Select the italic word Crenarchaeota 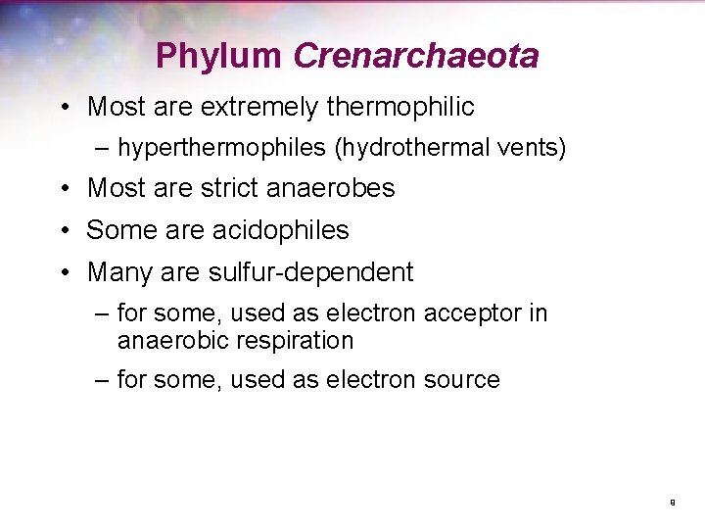pyautogui.click(x=415, y=56)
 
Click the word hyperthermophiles pyautogui.click(x=221, y=148)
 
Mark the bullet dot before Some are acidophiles pyautogui.click(x=62, y=231)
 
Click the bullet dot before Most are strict pyautogui.click(x=62, y=189)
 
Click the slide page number pyautogui.click(x=673, y=502)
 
